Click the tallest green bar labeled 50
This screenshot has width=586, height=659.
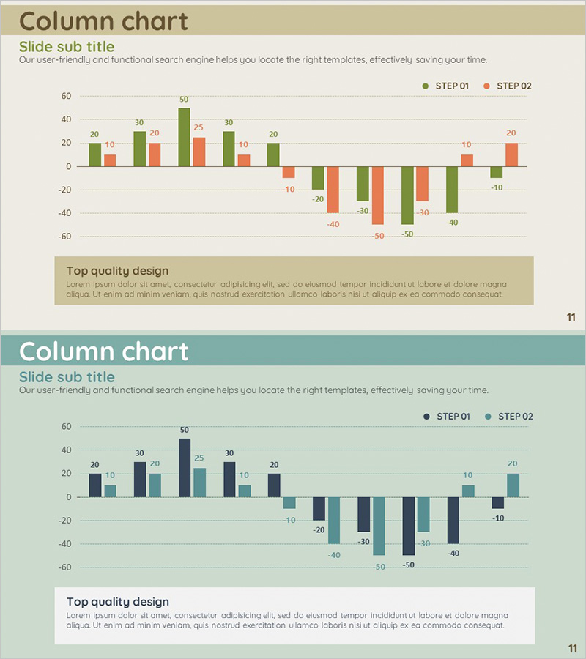click(x=184, y=137)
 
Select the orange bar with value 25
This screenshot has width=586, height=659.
click(x=199, y=152)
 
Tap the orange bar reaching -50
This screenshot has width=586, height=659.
click(x=378, y=196)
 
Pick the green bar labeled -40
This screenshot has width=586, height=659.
click(x=452, y=190)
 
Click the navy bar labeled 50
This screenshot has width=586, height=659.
click(x=185, y=468)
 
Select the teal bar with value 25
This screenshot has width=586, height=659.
click(x=199, y=483)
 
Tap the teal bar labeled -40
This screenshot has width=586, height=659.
click(x=333, y=521)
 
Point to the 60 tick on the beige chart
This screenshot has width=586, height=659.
click(x=66, y=96)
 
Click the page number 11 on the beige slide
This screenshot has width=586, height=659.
click(x=571, y=317)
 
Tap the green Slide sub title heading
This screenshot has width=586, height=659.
click(x=67, y=47)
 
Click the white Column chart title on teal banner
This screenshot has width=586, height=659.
click(x=103, y=351)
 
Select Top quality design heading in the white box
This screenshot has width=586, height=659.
click(x=117, y=602)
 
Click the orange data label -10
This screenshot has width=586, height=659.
click(x=289, y=189)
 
